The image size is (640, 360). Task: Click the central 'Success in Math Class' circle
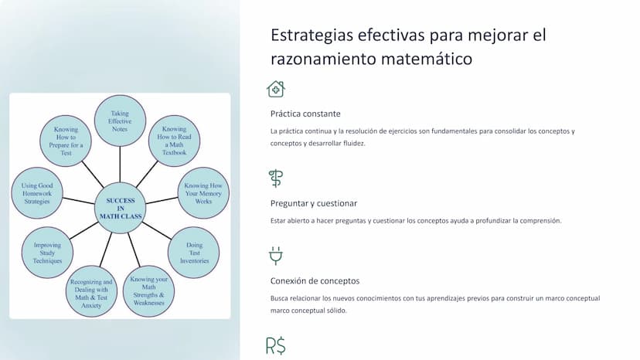(120, 208)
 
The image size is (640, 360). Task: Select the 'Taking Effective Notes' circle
(120, 121)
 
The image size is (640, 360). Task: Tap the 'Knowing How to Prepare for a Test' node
(66, 141)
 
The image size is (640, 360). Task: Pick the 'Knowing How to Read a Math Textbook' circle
(174, 141)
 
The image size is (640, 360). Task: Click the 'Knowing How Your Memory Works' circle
(203, 193)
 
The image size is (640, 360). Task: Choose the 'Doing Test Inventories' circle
(194, 253)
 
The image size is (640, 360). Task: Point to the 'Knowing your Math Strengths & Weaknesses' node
(148, 291)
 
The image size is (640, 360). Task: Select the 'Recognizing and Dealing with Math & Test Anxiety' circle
(91, 291)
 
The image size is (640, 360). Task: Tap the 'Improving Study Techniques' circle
(47, 253)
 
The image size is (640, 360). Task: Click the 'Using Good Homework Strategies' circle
(37, 193)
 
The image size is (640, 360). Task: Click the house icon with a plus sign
(276, 89)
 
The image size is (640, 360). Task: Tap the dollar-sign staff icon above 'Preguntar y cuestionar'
(276, 178)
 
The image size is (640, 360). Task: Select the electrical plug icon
(276, 256)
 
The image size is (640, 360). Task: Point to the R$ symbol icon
(276, 346)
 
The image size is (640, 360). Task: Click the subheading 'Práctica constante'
(305, 114)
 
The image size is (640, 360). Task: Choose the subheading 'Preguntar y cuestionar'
(314, 203)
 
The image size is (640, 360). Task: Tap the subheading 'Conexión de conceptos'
(315, 281)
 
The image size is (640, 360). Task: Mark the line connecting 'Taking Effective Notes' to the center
(120, 165)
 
